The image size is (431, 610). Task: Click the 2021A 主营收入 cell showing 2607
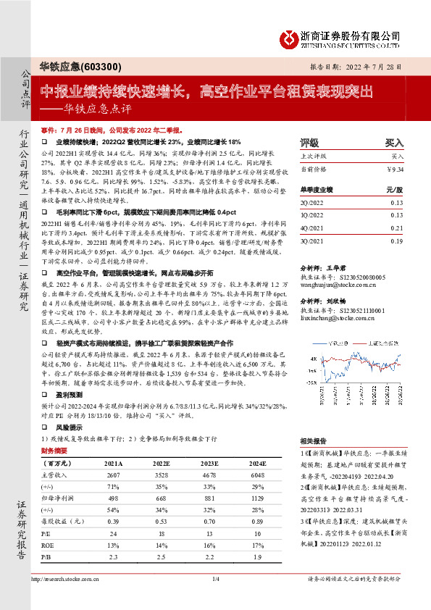tap(112, 473)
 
